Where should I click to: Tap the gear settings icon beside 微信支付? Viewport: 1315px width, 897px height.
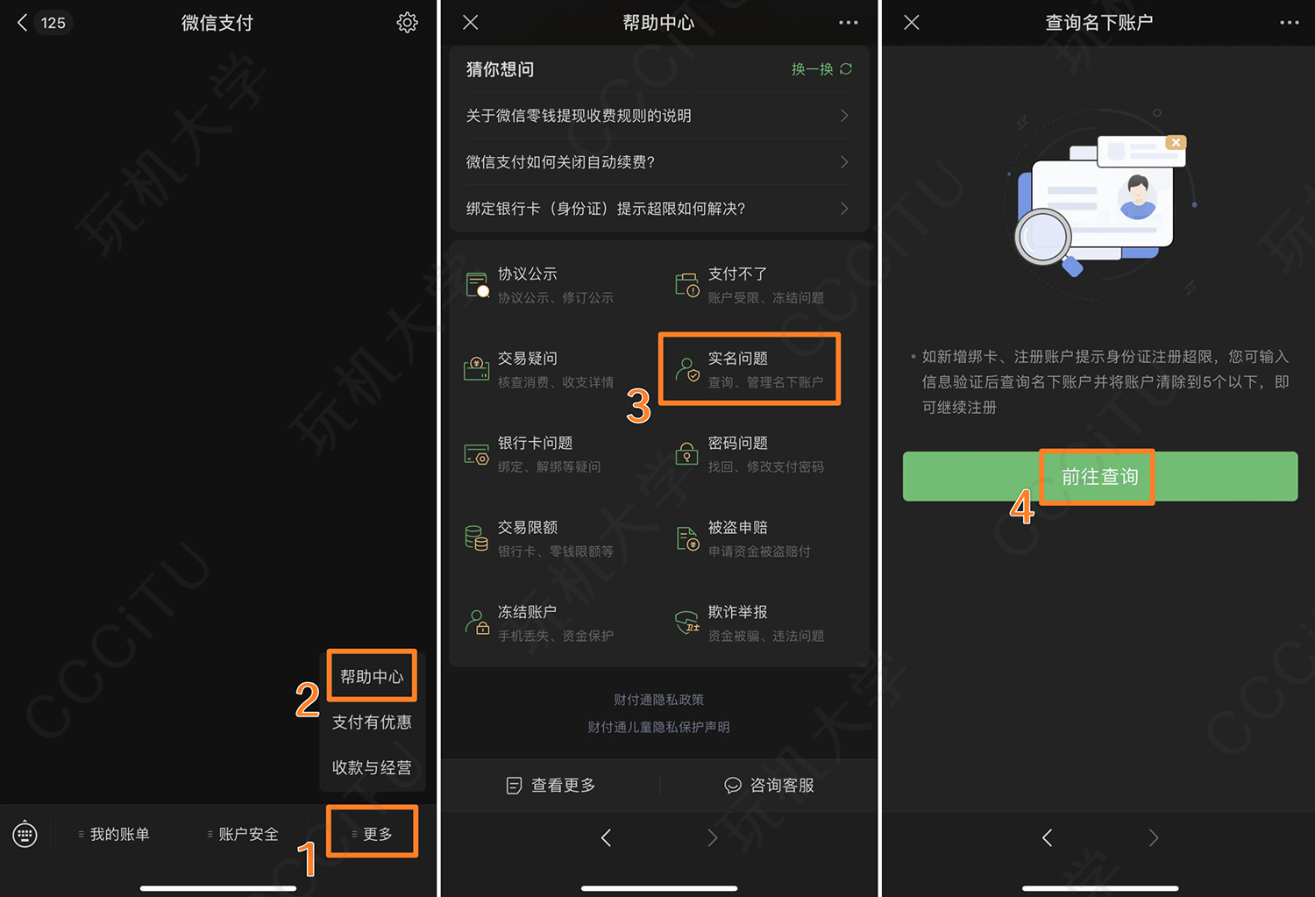click(407, 23)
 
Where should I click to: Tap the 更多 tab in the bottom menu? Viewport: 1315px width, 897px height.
click(372, 834)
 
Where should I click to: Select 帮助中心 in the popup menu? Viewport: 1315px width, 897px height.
click(372, 676)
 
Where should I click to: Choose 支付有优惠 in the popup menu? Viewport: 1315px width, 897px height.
click(372, 722)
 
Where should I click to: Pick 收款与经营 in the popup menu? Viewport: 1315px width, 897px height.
click(372, 767)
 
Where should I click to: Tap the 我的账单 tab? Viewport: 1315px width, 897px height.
click(114, 834)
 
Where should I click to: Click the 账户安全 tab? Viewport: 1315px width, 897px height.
click(243, 834)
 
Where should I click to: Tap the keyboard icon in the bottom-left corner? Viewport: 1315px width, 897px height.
click(25, 834)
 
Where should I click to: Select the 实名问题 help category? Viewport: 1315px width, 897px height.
click(750, 368)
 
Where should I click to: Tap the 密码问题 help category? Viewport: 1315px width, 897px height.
click(750, 454)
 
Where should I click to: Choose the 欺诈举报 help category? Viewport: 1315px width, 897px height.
click(750, 623)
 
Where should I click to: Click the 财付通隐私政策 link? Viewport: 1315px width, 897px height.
click(658, 699)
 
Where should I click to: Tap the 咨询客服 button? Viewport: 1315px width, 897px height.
click(769, 786)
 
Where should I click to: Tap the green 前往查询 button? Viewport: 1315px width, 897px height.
click(1100, 476)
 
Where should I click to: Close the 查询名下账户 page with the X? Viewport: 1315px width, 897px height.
click(911, 23)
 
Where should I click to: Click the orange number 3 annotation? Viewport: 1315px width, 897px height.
click(639, 406)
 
